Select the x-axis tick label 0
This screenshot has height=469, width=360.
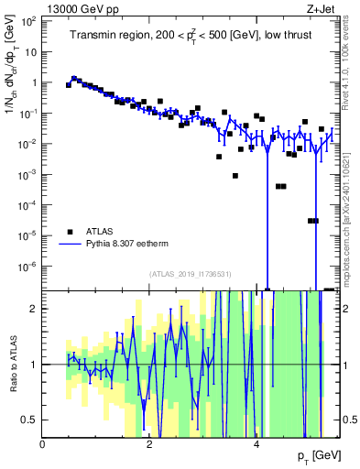43,444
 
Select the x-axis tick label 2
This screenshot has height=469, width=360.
150,444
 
